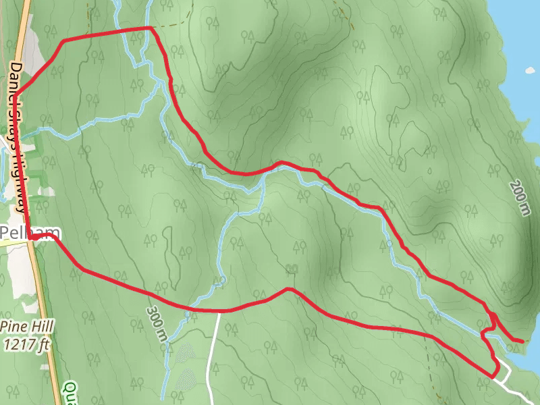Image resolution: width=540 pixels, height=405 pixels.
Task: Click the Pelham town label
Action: (29, 233)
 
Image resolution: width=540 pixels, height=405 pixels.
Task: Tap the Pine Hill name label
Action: (26, 326)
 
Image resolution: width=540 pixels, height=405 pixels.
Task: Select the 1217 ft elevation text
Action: (26, 345)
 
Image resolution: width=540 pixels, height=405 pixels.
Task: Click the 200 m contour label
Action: (520, 198)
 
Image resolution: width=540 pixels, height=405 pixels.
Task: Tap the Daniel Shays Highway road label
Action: (18, 135)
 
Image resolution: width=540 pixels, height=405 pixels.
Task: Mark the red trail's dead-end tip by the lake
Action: (522, 341)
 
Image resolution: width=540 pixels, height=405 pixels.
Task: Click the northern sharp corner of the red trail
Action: (149, 28)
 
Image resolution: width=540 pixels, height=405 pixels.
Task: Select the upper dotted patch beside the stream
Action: (183, 352)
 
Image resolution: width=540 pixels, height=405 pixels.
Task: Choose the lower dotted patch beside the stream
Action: (184, 377)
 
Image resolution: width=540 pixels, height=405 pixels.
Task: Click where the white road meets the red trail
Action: (219, 311)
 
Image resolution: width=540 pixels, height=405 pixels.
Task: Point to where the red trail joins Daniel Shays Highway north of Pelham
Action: (15, 93)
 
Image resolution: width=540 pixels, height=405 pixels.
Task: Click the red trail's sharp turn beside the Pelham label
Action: (32, 237)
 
